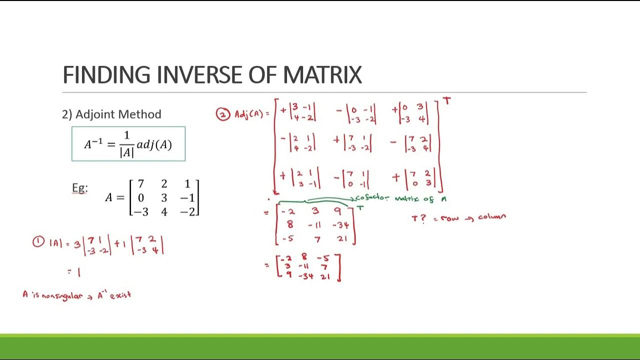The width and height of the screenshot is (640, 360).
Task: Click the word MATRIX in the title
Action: coord(322,75)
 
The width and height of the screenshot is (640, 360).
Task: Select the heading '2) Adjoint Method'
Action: coord(111,114)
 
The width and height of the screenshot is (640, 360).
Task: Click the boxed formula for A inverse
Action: coord(128,144)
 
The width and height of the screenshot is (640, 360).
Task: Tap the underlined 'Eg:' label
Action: coord(79,188)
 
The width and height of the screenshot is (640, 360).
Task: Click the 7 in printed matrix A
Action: coord(141,184)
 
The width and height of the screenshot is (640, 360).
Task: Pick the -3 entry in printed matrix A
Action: coord(140,211)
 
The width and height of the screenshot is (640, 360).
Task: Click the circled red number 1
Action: coord(38,242)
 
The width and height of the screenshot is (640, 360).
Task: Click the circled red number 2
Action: coord(222,114)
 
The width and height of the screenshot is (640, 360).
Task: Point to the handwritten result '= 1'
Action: coord(74,272)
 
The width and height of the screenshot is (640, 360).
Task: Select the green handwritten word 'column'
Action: coord(492,217)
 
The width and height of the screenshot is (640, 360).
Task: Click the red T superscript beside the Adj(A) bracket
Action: coord(446,101)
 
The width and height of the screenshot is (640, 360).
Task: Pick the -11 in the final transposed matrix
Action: coord(303,267)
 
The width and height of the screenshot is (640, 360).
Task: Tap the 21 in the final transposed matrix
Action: coord(325,275)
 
